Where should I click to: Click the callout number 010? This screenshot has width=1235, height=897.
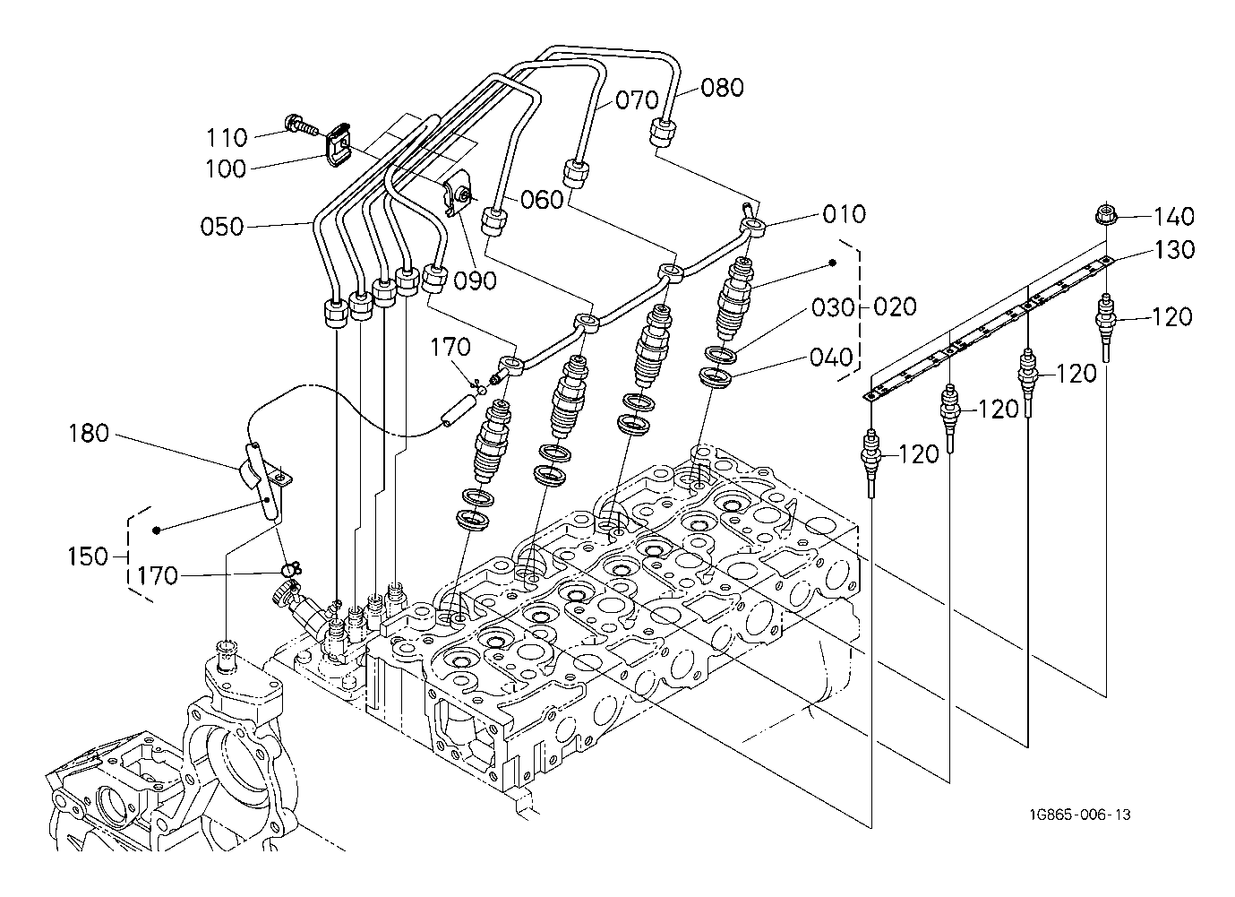(x=844, y=214)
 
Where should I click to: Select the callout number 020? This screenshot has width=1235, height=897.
(x=895, y=306)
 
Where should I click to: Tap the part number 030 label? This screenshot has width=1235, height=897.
(x=833, y=308)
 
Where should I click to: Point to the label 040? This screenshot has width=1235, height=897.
(x=831, y=358)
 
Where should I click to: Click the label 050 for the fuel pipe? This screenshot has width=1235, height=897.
(x=221, y=227)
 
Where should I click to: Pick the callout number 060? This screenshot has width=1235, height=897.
(x=542, y=200)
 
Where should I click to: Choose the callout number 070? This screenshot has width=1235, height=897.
(x=638, y=100)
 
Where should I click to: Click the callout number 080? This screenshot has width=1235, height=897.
(x=722, y=88)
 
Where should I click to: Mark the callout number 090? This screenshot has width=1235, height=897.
(x=476, y=280)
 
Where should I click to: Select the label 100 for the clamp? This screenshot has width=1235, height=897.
(x=226, y=168)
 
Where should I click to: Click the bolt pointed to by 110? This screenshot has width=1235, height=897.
(x=302, y=125)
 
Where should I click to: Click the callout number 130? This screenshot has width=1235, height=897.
(x=1174, y=249)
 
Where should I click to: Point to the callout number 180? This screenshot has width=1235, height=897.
(x=89, y=434)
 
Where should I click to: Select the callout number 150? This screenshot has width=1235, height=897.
(x=88, y=556)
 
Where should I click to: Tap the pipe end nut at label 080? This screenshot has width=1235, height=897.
(x=662, y=133)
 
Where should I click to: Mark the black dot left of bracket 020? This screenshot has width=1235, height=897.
(x=833, y=263)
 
